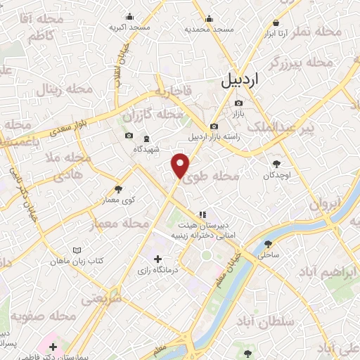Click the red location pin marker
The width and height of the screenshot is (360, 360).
[x=181, y=166]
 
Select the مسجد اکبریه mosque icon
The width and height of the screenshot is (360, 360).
[x=129, y=17]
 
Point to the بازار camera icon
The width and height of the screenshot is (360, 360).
[x=238, y=103]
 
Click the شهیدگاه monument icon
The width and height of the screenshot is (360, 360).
[x=146, y=139]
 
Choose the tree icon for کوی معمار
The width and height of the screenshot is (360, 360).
[x=117, y=188]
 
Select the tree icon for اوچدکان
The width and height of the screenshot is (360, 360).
[x=276, y=162]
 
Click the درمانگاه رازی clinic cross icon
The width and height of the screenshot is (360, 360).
[x=157, y=259]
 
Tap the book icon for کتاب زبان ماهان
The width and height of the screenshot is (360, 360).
[x=77, y=250]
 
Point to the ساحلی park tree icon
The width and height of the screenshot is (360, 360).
[x=266, y=244]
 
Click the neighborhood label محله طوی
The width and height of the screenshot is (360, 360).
[x=219, y=178]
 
